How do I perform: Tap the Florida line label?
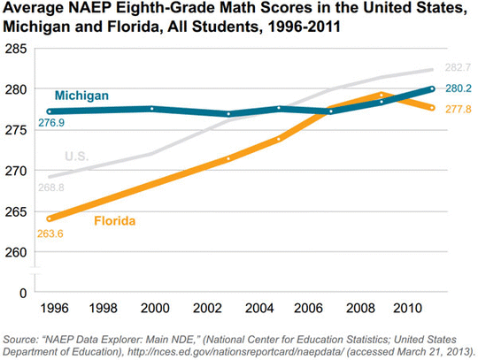(x=114, y=221)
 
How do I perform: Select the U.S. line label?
(x=77, y=157)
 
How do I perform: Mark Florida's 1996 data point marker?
(x=50, y=218)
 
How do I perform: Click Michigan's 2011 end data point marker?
(x=432, y=88)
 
